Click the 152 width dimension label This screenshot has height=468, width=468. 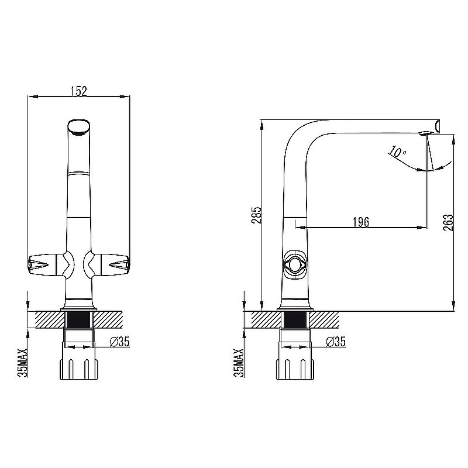coord(79,91)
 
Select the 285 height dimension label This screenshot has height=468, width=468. coord(256,215)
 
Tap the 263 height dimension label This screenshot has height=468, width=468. coord(448,222)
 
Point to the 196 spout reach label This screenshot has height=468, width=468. coord(360,222)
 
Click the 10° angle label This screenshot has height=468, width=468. coord(397,152)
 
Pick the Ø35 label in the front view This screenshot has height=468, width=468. coord(120,342)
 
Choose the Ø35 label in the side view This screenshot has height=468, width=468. coord(336,342)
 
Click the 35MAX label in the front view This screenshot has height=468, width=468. coord(23,362)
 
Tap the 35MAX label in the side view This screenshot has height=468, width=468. coord(239,362)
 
